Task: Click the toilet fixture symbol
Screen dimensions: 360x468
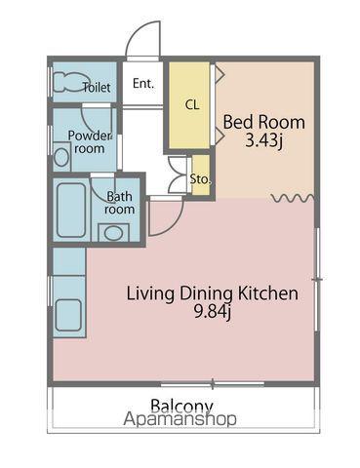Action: [x=67, y=82]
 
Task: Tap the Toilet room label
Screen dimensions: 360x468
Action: [x=97, y=87]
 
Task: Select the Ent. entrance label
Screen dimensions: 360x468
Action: [x=143, y=84]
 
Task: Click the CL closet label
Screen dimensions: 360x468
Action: [x=192, y=104]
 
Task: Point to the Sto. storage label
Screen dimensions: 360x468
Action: [x=200, y=179]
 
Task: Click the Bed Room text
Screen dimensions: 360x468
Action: [x=264, y=123]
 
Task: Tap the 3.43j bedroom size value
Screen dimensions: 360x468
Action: [x=263, y=141]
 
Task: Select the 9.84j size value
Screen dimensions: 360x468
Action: [x=212, y=312]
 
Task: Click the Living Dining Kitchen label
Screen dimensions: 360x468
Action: [x=212, y=293]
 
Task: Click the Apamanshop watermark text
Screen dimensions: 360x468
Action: [x=180, y=419]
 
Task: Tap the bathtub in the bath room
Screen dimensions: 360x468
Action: [x=71, y=210]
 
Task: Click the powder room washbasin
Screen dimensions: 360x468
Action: [x=61, y=157]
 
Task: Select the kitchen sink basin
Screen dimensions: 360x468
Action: [x=68, y=315]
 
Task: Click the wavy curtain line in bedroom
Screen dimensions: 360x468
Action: [x=293, y=198]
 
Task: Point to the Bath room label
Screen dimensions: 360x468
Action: [x=120, y=203]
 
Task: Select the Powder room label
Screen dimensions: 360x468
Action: [x=90, y=142]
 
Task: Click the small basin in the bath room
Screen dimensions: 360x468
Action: [x=113, y=233]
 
